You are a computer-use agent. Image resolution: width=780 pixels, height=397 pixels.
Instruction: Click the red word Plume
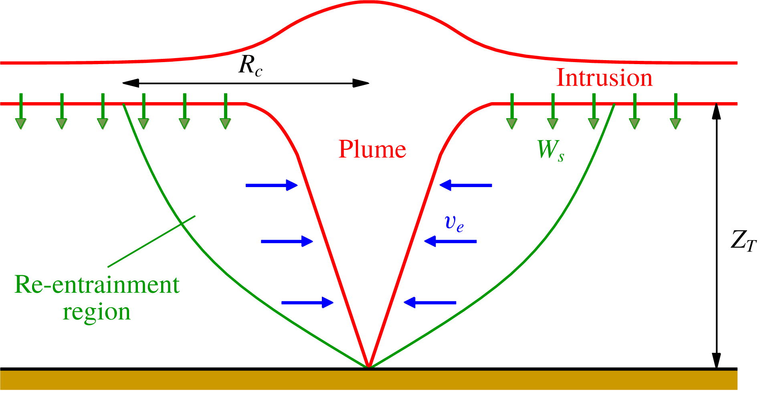click(x=372, y=149)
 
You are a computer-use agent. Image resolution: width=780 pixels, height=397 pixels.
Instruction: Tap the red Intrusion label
click(x=604, y=78)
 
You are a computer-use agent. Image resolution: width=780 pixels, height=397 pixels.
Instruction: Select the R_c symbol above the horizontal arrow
click(x=251, y=65)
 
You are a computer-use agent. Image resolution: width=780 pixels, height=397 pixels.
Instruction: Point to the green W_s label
click(x=550, y=151)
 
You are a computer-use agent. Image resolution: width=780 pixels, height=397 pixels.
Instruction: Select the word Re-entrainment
click(x=97, y=285)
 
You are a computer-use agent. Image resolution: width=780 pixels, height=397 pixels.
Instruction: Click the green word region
click(x=97, y=312)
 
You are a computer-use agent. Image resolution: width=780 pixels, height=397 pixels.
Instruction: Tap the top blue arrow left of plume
click(x=271, y=185)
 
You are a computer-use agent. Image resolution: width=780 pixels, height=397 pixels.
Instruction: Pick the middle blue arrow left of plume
click(x=287, y=241)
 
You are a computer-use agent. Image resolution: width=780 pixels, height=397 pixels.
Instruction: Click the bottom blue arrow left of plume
click(x=307, y=302)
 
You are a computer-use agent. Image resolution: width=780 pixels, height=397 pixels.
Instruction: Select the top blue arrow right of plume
click(x=466, y=185)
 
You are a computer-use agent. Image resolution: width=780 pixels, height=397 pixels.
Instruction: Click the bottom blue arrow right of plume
click(x=430, y=302)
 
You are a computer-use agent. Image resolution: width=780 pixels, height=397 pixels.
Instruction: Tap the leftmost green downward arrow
click(x=21, y=111)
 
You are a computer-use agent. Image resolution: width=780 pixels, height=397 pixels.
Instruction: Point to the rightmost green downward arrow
click(x=676, y=111)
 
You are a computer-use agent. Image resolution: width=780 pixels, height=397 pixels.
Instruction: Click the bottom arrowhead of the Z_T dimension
click(x=717, y=360)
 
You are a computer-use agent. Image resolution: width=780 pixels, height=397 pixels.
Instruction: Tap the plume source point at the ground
click(x=369, y=367)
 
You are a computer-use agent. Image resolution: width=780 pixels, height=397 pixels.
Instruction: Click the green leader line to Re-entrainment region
click(x=152, y=242)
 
